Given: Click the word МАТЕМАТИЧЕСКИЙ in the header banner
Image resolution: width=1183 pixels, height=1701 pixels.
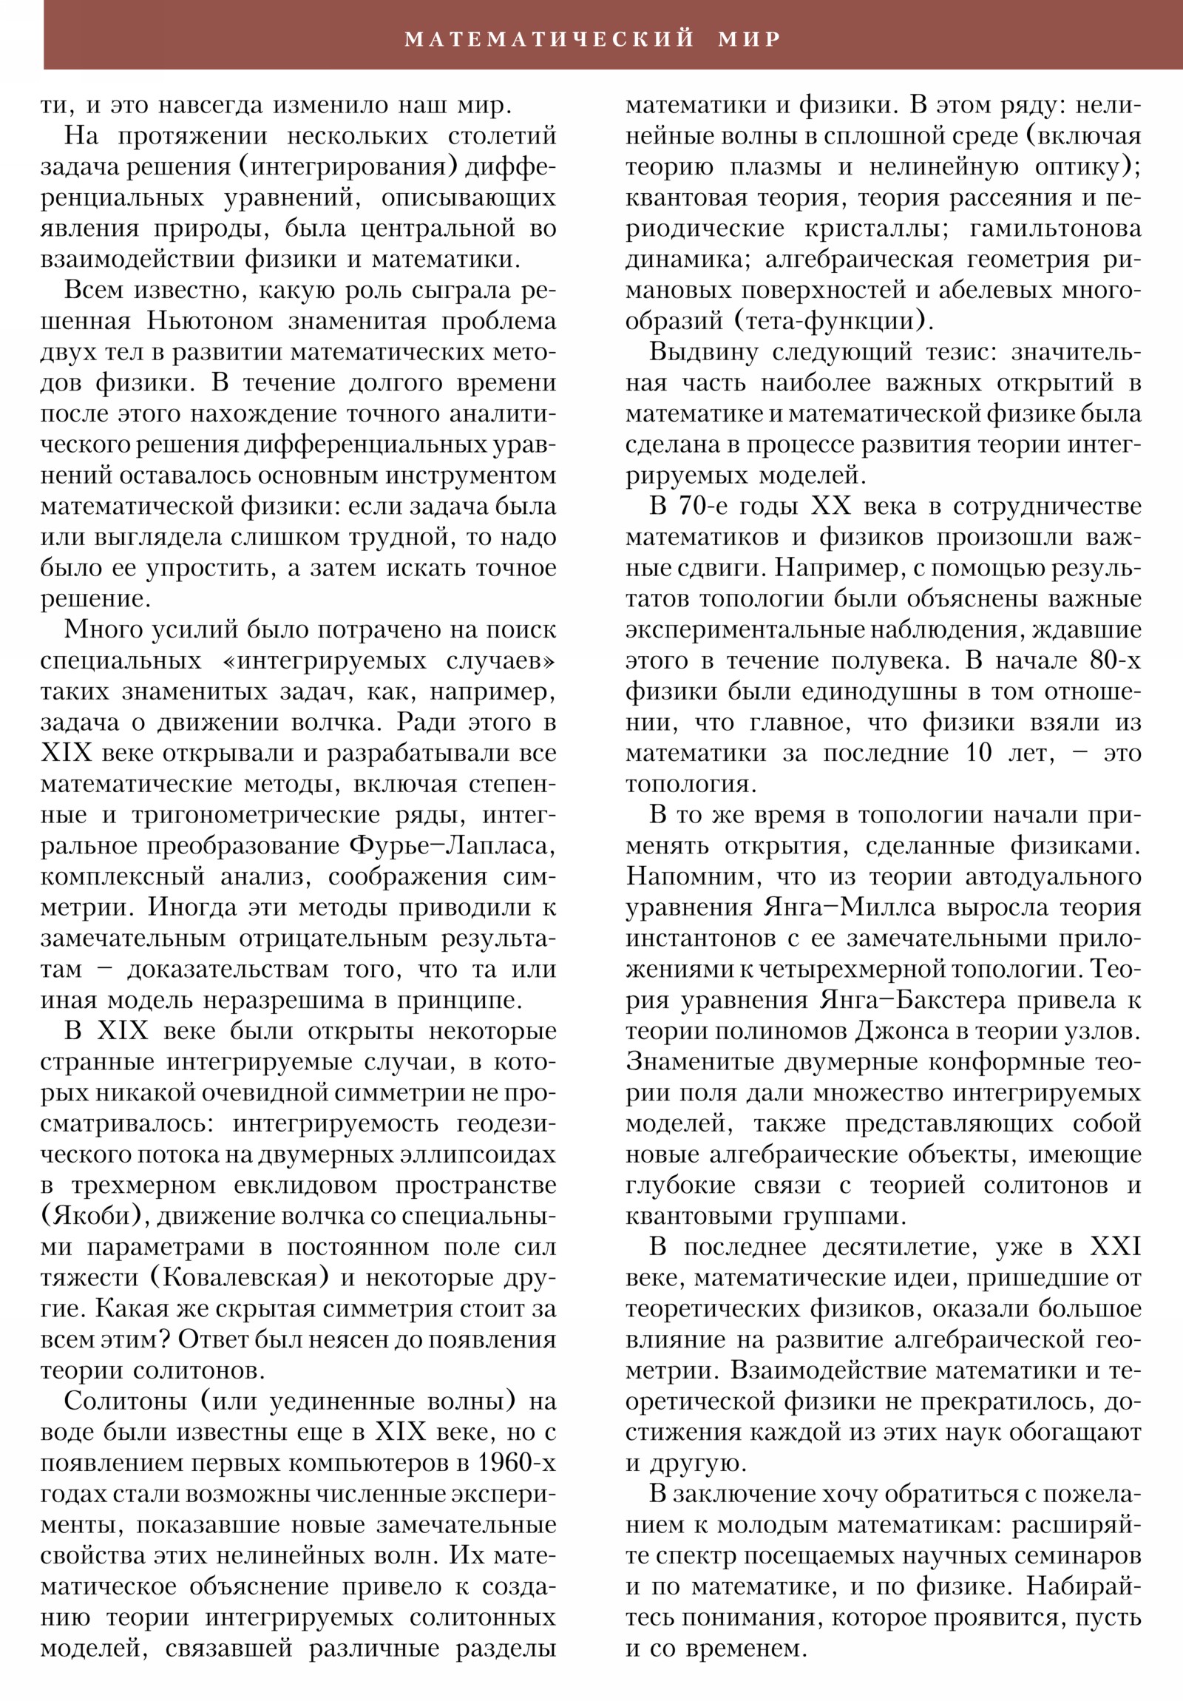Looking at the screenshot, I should click(x=549, y=38).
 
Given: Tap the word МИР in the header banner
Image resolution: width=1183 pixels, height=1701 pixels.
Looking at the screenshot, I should click(x=750, y=38).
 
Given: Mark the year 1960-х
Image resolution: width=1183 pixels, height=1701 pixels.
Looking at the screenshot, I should click(x=515, y=1464).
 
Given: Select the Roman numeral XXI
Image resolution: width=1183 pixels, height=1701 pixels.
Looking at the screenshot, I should click(x=1116, y=1248).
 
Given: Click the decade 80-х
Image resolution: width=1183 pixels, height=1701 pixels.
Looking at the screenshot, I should click(x=1115, y=661).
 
